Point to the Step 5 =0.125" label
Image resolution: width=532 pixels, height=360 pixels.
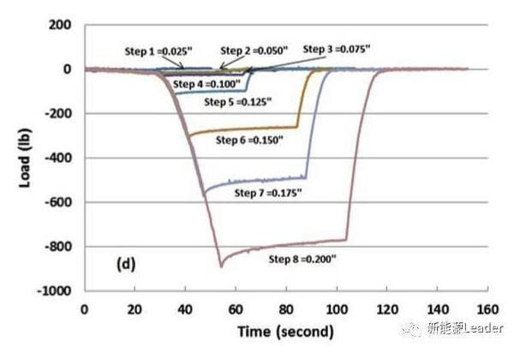tap(237, 102)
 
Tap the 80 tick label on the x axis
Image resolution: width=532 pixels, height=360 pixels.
tap(285, 308)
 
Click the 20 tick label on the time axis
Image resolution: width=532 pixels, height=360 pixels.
tap(134, 308)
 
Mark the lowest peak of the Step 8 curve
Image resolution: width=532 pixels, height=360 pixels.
tap(220, 267)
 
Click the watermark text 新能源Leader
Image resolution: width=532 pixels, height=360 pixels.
tap(466, 328)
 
